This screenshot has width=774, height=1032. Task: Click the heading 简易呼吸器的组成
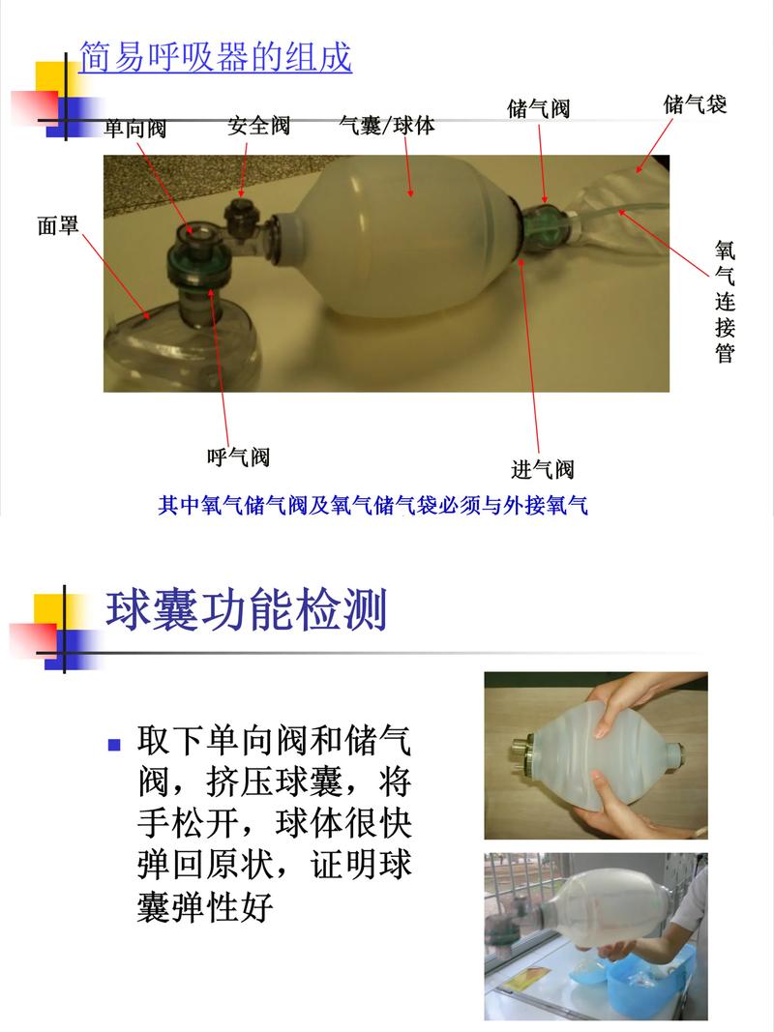point(215,57)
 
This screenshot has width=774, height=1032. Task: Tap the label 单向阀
point(135,128)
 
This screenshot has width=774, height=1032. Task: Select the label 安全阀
point(258,126)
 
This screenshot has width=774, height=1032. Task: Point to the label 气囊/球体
point(387,126)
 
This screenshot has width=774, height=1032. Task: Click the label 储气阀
point(538,108)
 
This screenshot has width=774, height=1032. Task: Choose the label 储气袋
point(695,104)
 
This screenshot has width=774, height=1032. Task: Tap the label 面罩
point(58,226)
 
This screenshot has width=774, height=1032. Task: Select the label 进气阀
point(542,470)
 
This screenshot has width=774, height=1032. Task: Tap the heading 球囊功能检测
point(247,611)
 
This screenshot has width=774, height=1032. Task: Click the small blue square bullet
point(114,745)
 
